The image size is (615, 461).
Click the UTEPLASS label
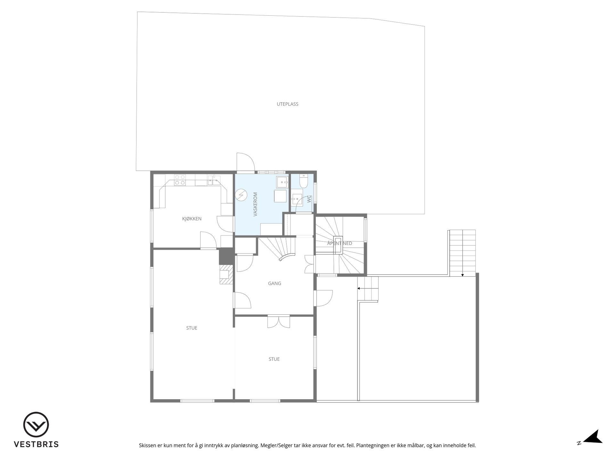point(287,104)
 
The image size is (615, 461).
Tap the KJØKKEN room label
point(192,219)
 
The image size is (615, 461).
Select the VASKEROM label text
point(255,204)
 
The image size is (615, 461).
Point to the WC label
point(309,199)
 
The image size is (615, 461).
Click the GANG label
point(275,283)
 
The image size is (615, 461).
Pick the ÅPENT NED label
point(340,243)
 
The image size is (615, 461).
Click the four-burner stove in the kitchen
point(180,180)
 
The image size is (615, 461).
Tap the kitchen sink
point(214,180)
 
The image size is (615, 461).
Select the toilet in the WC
point(303,181)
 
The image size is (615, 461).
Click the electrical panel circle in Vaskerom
point(241,195)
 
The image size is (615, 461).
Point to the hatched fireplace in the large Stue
point(226,274)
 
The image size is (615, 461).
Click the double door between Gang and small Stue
point(278,322)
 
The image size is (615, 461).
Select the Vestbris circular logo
point(36,425)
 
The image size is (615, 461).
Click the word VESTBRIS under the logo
point(36,444)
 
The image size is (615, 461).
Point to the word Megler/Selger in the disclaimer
point(276,445)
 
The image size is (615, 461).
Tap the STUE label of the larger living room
point(192,328)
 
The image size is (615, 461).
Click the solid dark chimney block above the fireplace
point(226,256)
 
